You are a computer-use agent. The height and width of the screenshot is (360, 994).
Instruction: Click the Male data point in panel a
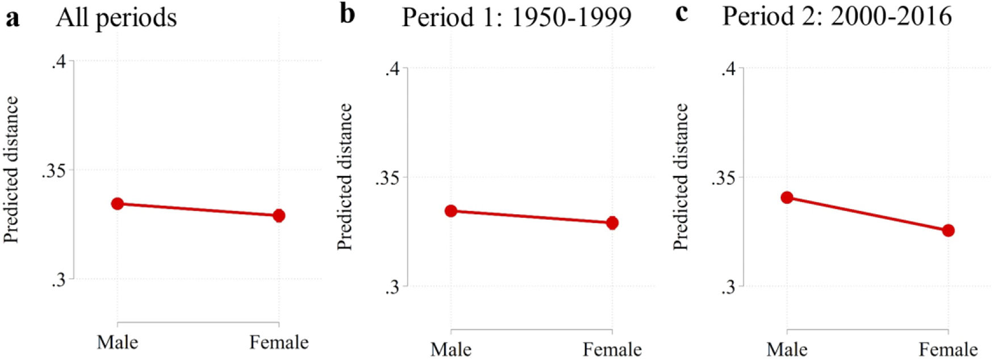coord(118,204)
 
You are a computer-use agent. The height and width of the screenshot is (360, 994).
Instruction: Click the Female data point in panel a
coord(278,216)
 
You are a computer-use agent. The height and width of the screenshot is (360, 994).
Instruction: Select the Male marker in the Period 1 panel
coord(451,211)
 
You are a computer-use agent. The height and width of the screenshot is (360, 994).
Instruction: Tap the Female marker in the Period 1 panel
coord(612,223)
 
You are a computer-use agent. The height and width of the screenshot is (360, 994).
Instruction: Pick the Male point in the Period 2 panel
coord(787,198)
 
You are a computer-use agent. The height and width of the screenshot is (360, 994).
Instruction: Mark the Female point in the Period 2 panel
coord(948,231)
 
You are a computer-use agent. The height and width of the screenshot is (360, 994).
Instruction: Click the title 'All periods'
coord(116,18)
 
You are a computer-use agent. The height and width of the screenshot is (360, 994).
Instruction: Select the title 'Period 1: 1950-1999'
coord(516,18)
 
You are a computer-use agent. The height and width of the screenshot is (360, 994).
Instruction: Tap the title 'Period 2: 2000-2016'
coord(837,16)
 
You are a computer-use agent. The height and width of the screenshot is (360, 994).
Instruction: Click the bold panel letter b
coord(348,14)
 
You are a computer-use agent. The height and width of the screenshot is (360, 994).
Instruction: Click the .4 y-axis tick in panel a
coord(59,61)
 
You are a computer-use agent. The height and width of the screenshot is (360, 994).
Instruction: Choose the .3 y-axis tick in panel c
coord(728,287)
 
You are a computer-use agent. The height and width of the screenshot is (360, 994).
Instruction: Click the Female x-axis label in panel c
coord(948,349)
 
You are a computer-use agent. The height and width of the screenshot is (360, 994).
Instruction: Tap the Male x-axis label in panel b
coord(451,349)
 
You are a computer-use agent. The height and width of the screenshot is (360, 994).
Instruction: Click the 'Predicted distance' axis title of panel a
coord(11,170)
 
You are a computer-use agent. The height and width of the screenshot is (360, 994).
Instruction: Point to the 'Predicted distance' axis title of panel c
coord(680,177)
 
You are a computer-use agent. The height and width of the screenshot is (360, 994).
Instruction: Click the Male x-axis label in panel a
coord(118,342)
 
